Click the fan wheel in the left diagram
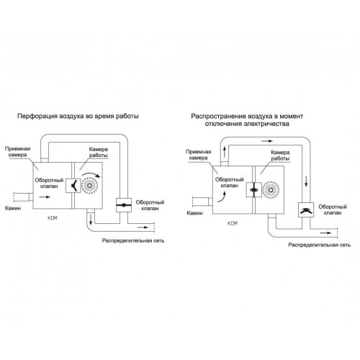point(90,185)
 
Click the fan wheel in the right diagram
point(271,189)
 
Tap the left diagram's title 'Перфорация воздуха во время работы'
point(78,117)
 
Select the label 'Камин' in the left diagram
point(13,208)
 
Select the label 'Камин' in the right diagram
point(194,213)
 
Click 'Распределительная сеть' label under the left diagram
point(133,240)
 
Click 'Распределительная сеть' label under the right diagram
point(320,245)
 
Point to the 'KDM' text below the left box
point(53,218)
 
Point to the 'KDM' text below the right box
point(233,223)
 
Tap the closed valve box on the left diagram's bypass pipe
point(124,205)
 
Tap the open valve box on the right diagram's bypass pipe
point(306,210)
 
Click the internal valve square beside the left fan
point(73,185)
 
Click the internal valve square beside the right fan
point(254,189)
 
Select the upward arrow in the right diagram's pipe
point(225,152)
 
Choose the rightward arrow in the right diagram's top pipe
point(267,141)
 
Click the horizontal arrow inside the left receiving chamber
point(45,197)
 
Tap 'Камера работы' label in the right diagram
point(280,156)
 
